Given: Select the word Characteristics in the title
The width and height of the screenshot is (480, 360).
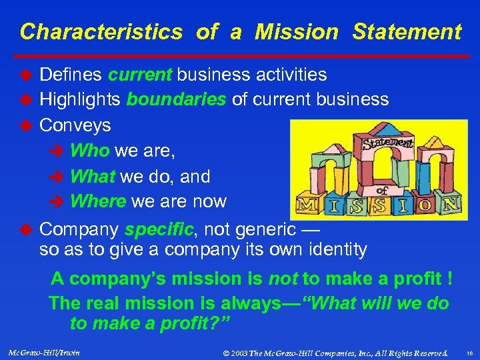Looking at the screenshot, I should (101, 31).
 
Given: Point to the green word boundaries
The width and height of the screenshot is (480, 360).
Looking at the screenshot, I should (177, 100).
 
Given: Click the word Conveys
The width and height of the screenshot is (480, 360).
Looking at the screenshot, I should (75, 125).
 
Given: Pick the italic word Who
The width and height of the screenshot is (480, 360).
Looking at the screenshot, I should (89, 151).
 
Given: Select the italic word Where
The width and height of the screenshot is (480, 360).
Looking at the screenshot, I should (99, 201).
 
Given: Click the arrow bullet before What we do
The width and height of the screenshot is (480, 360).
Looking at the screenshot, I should (59, 177).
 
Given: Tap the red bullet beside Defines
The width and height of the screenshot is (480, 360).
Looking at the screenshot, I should (26, 75).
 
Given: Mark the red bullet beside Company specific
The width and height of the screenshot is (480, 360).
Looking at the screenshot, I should (26, 229).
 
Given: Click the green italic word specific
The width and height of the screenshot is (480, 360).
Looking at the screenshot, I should (160, 230).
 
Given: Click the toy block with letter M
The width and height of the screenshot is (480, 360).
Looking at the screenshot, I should (307, 205).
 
